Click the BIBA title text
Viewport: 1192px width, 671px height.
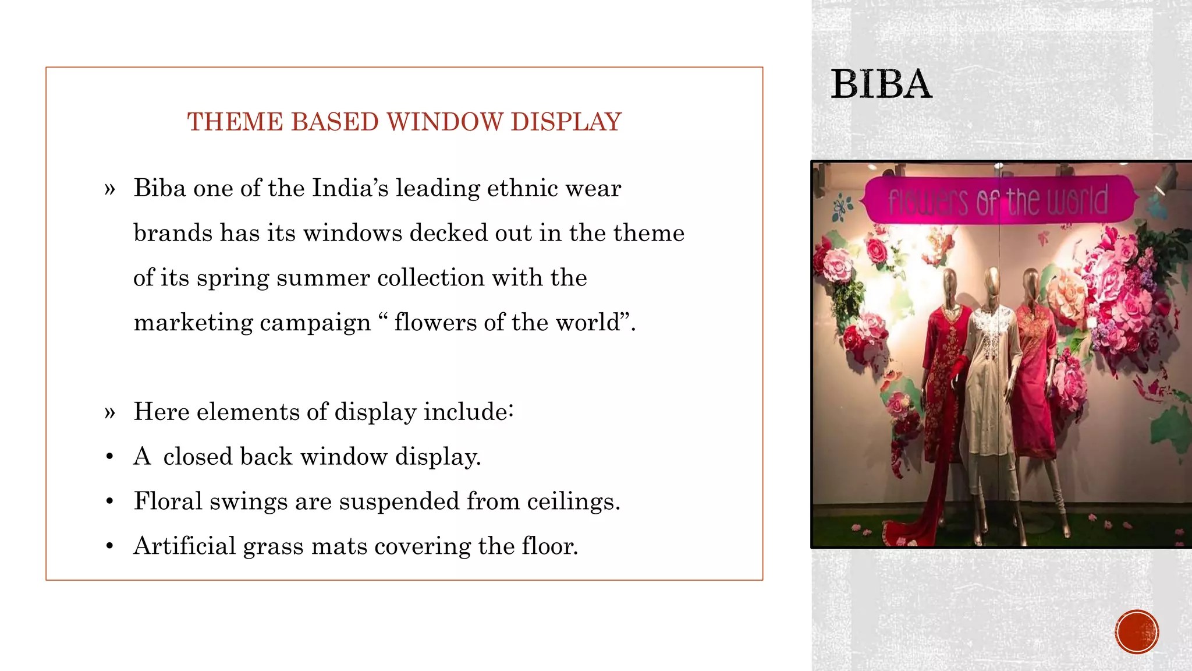coord(881,84)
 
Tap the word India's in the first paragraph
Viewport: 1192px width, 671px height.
coord(350,188)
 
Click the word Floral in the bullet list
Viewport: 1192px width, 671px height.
coord(168,501)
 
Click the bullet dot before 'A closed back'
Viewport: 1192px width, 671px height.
coord(109,457)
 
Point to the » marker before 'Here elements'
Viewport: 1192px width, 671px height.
coord(110,412)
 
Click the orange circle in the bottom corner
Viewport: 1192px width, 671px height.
coord(1137,632)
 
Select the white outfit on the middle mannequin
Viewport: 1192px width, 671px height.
coord(992,373)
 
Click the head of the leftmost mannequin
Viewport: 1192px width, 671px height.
coord(949,284)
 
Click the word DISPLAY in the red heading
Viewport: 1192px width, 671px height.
coord(566,122)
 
